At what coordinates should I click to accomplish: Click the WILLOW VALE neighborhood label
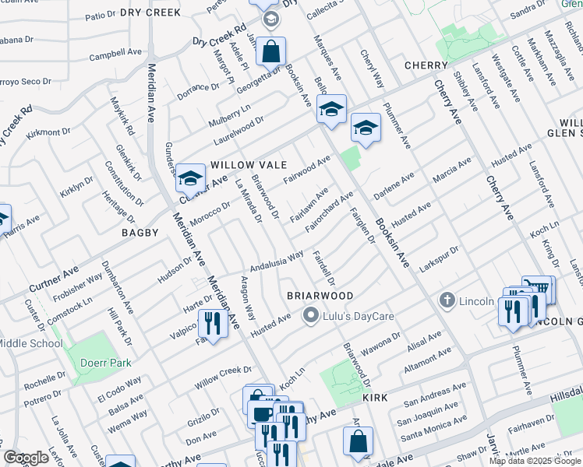pyautogui.click(x=249, y=166)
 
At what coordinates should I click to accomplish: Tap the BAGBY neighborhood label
pyautogui.click(x=140, y=233)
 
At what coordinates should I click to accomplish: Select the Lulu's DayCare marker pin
pyautogui.click(x=311, y=315)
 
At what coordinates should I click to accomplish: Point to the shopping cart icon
pyautogui.click(x=538, y=289)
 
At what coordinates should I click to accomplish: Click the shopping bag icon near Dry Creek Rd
pyautogui.click(x=270, y=53)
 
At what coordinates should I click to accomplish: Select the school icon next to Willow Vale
pyautogui.click(x=189, y=180)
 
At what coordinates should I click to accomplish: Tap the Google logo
pyautogui.click(x=26, y=458)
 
